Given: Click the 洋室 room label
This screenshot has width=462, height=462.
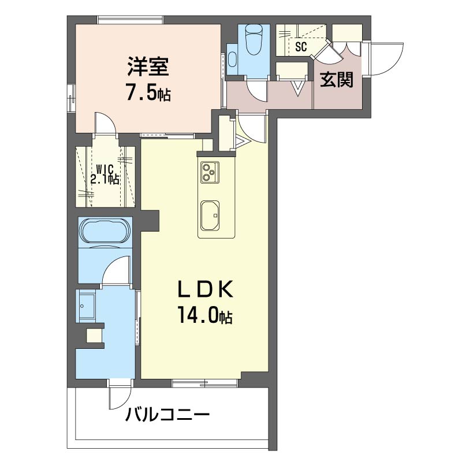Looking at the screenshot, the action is click(x=148, y=66).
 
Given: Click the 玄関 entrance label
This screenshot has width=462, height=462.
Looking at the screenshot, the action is click(x=337, y=80).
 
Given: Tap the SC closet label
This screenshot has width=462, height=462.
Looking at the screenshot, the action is click(x=301, y=47).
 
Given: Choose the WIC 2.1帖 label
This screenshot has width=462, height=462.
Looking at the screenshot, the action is click(x=105, y=174).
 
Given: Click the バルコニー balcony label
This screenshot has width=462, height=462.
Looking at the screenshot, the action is click(x=167, y=415).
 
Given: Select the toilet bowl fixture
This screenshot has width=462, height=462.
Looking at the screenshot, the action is click(x=254, y=39).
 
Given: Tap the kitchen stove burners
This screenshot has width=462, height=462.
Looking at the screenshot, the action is click(x=210, y=172).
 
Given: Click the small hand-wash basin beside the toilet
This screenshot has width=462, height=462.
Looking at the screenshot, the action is click(x=233, y=59).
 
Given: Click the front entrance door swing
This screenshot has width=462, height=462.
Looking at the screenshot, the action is click(x=387, y=59).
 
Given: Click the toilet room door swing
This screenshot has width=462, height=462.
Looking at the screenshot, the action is click(x=257, y=91).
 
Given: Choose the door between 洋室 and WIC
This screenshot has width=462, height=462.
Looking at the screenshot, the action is click(x=106, y=124).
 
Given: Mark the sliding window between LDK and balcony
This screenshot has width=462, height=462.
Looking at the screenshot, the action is click(x=205, y=383).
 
